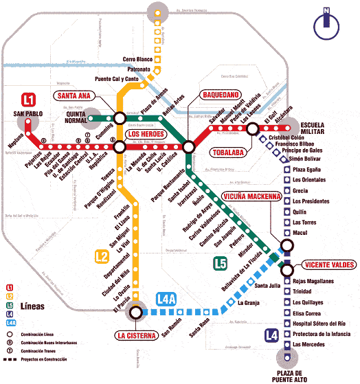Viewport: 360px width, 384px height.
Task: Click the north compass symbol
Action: click(326, 25)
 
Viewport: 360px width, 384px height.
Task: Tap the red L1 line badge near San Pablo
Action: click(29, 98)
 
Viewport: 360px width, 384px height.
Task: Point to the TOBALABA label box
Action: click(229, 153)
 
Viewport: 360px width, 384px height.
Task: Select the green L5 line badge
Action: click(219, 262)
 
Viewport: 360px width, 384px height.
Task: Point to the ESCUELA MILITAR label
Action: click(317, 128)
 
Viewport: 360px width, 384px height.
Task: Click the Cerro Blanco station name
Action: click(138, 60)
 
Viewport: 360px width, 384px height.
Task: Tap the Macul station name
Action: click(301, 233)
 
